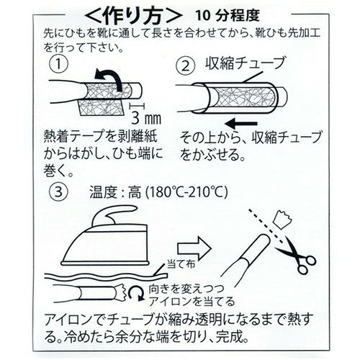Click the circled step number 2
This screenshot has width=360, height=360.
click(x=186, y=66)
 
